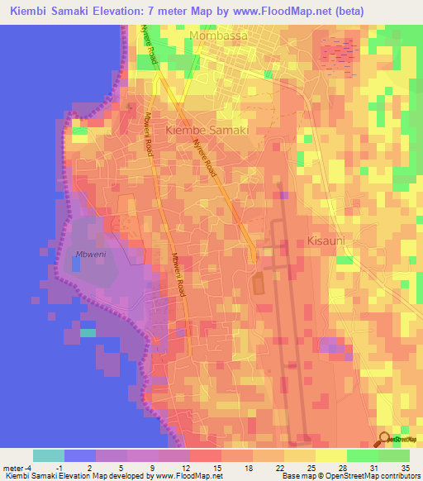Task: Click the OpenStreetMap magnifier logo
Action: click(385, 440)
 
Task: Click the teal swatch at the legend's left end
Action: click(49, 455)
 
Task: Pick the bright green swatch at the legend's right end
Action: click(394, 455)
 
